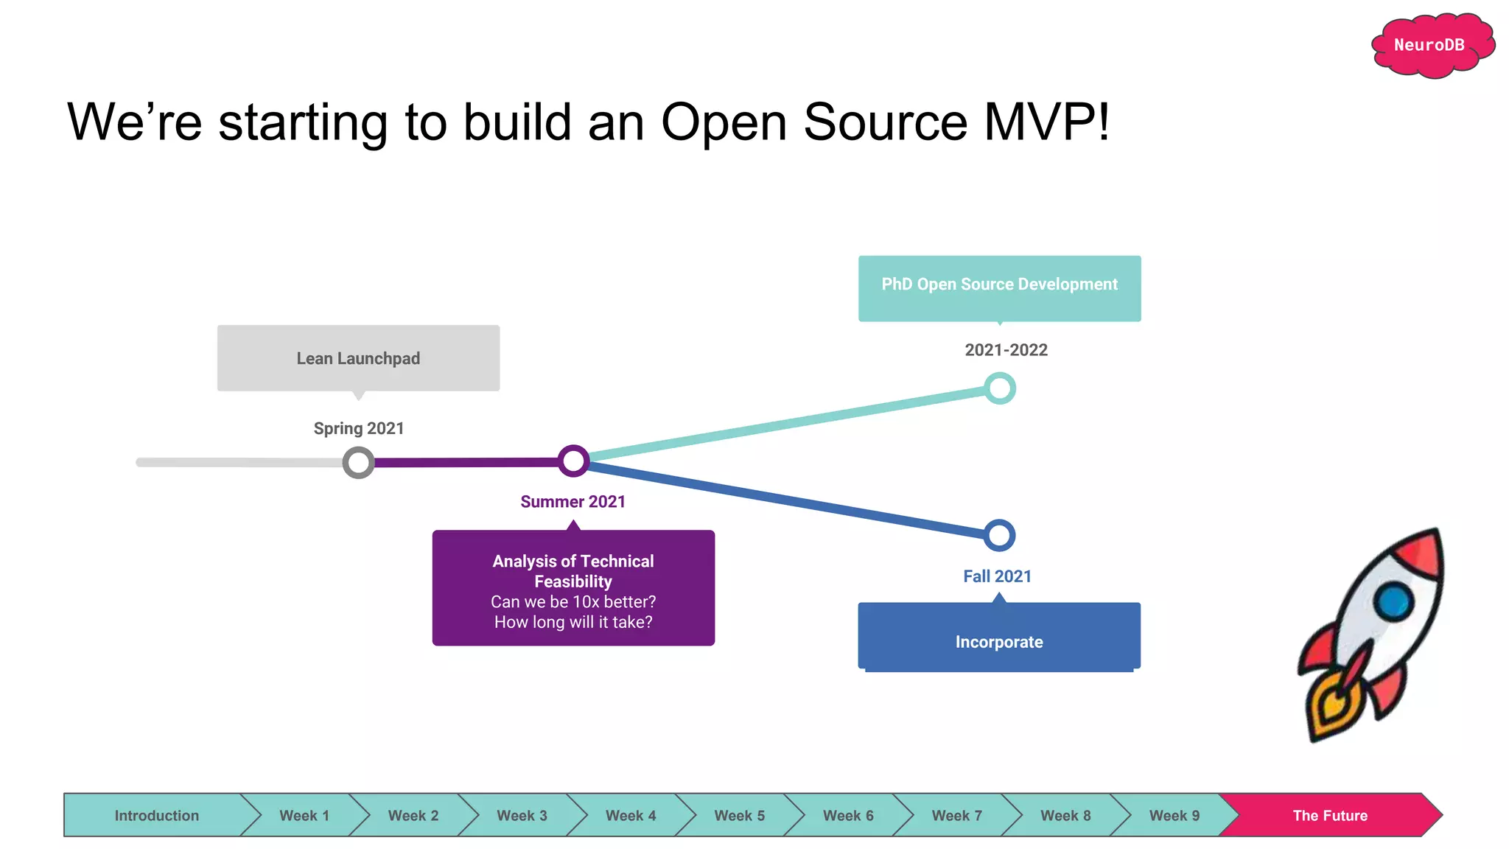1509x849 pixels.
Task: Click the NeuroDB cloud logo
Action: click(x=1429, y=46)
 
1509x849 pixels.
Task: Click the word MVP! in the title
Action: click(x=1046, y=122)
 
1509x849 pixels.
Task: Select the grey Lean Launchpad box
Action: click(x=358, y=358)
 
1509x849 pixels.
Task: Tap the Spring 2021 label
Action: click(x=359, y=428)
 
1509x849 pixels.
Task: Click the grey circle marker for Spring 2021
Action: click(x=358, y=463)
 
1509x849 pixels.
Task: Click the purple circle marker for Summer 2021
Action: click(x=573, y=461)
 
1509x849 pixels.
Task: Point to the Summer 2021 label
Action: click(x=573, y=502)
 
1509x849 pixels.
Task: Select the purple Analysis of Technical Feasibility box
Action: click(x=573, y=588)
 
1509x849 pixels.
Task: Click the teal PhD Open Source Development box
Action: click(x=999, y=288)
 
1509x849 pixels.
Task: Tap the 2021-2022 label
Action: click(x=1006, y=350)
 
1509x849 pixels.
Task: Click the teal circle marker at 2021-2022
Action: click(x=1000, y=388)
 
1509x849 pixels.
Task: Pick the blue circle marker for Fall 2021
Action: click(x=999, y=535)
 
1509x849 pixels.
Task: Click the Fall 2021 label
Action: click(x=997, y=576)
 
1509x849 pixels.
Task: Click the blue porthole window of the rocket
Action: click(x=1393, y=601)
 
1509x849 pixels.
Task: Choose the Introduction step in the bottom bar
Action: click(x=156, y=815)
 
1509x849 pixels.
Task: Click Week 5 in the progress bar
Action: click(x=739, y=815)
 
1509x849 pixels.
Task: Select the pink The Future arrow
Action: click(x=1330, y=815)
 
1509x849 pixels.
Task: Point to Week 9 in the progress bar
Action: click(x=1174, y=815)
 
